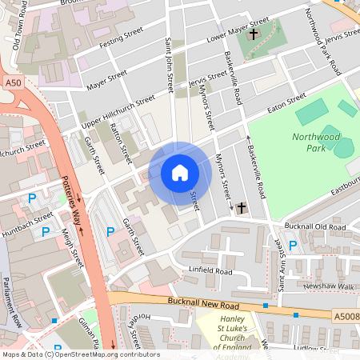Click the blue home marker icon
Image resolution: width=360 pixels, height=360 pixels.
click(179, 173)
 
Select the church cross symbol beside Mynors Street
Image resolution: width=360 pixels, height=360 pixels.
click(241, 208)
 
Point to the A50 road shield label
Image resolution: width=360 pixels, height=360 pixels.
click(12, 82)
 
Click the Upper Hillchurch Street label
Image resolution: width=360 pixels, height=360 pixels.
click(118, 112)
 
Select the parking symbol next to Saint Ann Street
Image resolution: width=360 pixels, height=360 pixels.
click(293, 245)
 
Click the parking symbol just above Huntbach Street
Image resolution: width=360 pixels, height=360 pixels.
click(32, 198)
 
